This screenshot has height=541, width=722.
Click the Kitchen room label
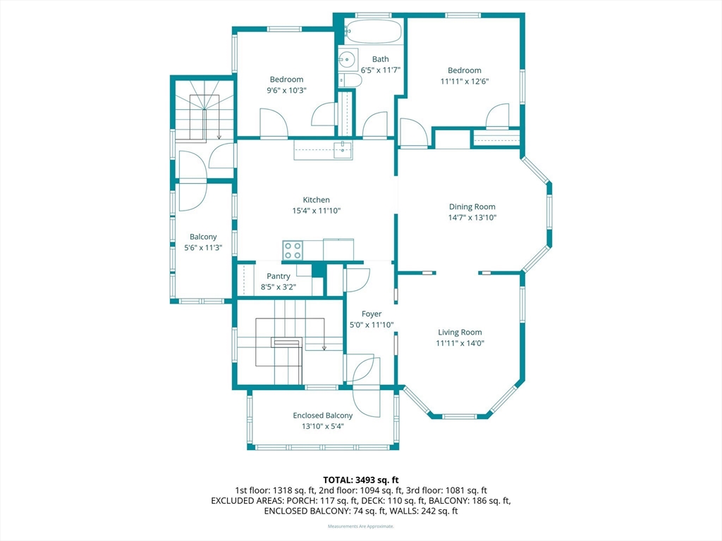pos(317,199)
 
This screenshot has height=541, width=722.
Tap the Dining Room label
pos(472,207)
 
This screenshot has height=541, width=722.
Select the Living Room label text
pos(460,332)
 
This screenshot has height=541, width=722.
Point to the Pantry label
pos(278,276)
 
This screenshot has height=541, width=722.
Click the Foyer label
pos(372,313)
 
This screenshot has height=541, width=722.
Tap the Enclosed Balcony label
pos(323,416)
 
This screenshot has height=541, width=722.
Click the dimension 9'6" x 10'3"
pos(286,91)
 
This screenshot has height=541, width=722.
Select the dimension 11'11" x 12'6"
pos(465,82)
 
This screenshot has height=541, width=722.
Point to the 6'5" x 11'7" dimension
pos(380,70)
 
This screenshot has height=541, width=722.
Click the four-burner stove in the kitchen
pos(293,250)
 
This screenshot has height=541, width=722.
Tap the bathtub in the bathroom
pos(374,32)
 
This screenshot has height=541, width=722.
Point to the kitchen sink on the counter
pos(343,150)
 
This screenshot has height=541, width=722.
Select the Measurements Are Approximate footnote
pos(360,526)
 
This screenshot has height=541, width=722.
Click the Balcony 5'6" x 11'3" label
pos(203,242)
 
